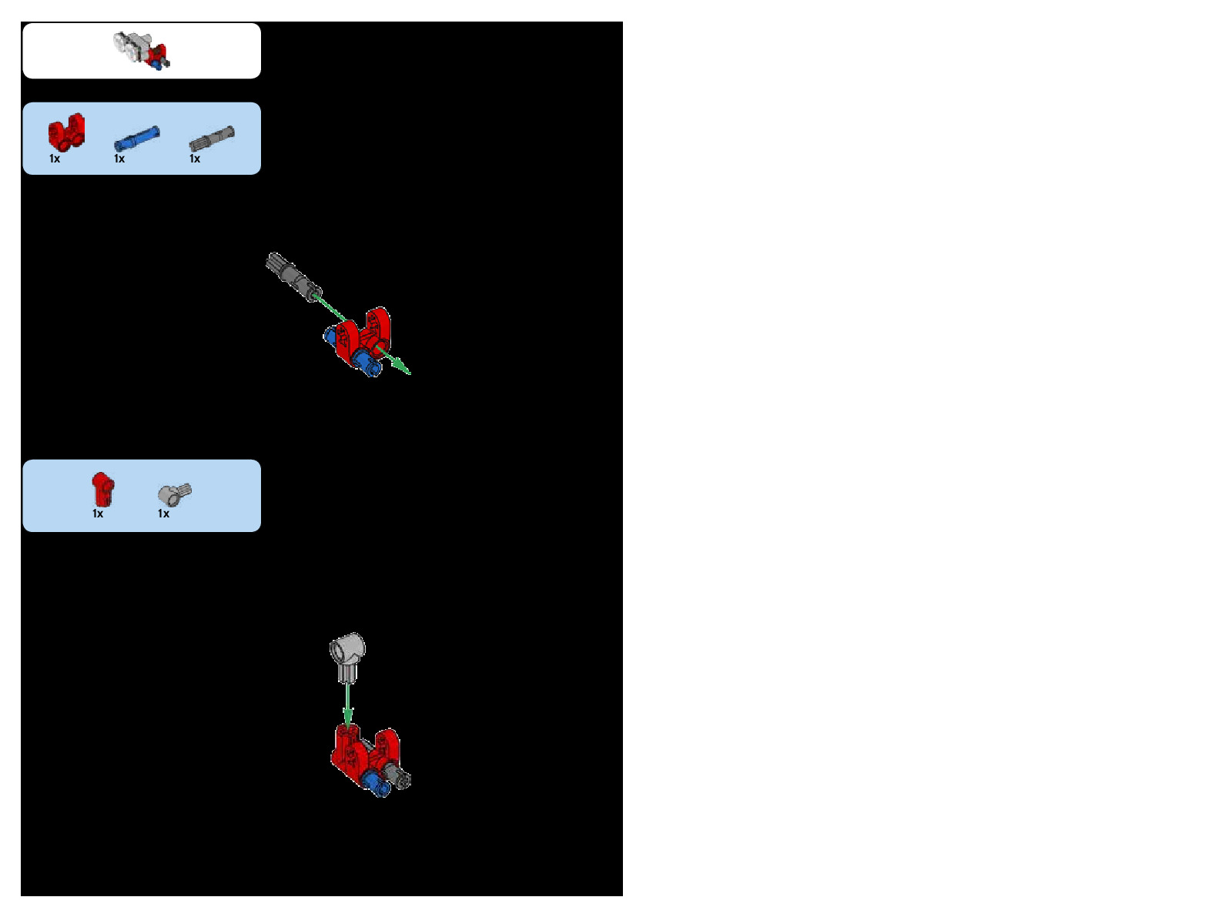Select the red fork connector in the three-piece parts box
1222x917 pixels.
(66, 132)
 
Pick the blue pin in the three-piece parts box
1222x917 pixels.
(137, 139)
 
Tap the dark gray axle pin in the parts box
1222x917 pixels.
(212, 139)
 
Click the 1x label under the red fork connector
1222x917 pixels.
(55, 159)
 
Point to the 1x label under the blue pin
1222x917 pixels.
(119, 159)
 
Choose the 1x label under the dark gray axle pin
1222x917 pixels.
(195, 159)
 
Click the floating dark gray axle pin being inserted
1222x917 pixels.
(293, 276)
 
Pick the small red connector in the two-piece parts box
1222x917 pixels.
(102, 489)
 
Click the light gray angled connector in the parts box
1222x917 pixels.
(174, 494)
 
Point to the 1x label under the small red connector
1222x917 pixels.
(98, 514)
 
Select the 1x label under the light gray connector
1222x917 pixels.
(163, 514)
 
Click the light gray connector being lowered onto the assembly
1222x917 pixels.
(348, 656)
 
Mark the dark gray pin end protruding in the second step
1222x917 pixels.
(401, 778)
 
